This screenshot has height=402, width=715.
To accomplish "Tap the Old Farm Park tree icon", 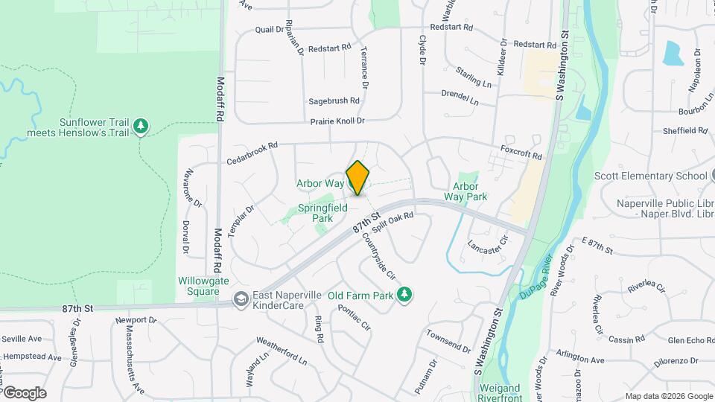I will pos(404,296).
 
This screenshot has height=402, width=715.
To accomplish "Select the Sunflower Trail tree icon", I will pos(140,127).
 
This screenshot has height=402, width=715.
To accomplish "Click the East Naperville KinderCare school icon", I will pos(241,299).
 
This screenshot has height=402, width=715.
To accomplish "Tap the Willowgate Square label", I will pos(202,286).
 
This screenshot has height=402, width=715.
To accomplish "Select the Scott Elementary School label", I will pos(649,176).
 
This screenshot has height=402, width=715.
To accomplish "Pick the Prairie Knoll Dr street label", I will pos(337,121).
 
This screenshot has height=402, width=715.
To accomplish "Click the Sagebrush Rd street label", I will pos(334,100).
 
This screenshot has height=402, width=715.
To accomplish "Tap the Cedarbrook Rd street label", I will pos(252,153).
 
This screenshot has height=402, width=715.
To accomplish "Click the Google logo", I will pos(24,392).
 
